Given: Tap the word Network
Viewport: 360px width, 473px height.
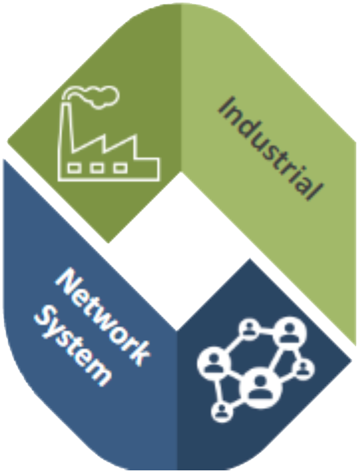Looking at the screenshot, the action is click(102, 317).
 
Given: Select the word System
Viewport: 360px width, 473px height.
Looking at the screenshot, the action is click(73, 346).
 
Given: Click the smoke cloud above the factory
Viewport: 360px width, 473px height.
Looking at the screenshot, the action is click(92, 96).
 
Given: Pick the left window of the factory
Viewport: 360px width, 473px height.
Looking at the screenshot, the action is click(74, 168).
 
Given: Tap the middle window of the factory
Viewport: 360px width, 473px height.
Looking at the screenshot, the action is click(97, 168).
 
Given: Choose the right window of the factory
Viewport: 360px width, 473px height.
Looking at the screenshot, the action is click(120, 168).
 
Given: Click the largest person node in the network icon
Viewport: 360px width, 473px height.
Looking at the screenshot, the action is click(260, 387).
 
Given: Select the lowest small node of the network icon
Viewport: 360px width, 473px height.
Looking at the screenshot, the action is click(222, 412).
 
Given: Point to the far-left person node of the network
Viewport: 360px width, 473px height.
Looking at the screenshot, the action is click(214, 363).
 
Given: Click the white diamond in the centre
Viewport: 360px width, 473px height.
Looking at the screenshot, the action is click(180, 252).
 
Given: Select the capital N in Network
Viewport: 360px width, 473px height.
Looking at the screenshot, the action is click(68, 281).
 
